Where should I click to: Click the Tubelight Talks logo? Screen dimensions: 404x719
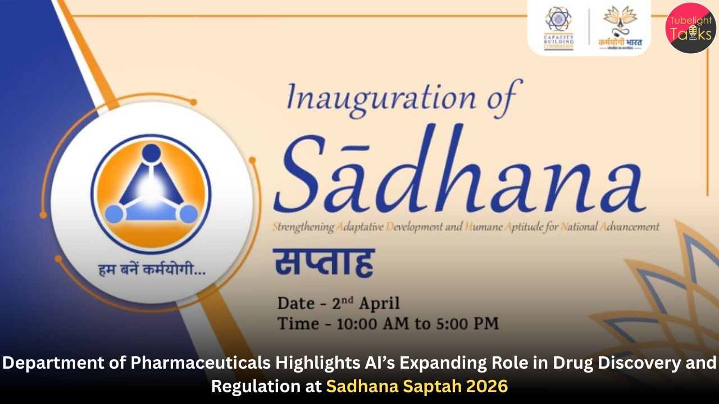[x=690, y=27]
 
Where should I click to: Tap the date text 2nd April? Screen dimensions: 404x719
[x=366, y=304]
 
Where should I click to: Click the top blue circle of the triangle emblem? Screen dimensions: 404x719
[x=151, y=153]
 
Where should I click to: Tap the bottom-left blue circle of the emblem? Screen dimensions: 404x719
[x=114, y=214]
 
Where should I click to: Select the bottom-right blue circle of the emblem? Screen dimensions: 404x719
[x=188, y=214]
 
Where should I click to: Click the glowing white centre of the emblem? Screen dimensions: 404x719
[x=151, y=190]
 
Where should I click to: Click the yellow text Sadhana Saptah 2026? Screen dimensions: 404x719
[x=417, y=387]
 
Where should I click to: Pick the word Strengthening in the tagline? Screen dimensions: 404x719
[x=303, y=227]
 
